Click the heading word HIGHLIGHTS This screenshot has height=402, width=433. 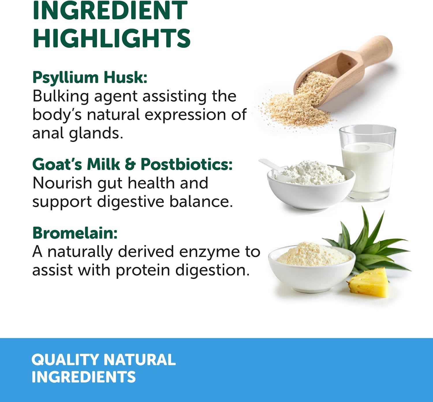pyautogui.click(x=111, y=38)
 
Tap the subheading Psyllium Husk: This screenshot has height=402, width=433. pyautogui.click(x=90, y=77)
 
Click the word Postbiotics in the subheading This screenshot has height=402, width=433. pyautogui.click(x=186, y=164)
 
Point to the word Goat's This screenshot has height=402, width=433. pyautogui.click(x=57, y=164)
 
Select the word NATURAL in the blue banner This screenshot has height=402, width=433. pyautogui.click(x=139, y=360)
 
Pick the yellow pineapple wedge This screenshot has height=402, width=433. pyautogui.click(x=369, y=283)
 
